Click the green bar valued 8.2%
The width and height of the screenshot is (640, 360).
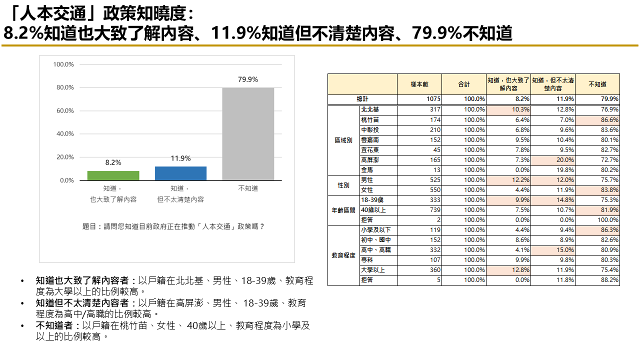(x=113, y=175)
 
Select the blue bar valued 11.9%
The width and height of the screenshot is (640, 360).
(x=180, y=173)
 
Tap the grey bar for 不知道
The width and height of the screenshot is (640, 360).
(x=248, y=134)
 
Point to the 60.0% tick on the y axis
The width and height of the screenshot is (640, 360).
(x=63, y=110)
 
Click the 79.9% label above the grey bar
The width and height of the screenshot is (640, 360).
(x=248, y=79)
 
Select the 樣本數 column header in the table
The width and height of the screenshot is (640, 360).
(x=419, y=84)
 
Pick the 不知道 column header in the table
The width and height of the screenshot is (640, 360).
(x=597, y=84)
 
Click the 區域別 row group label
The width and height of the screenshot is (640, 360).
(x=343, y=140)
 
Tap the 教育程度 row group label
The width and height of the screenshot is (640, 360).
(x=343, y=255)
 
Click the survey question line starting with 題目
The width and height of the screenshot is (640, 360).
(x=173, y=226)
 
